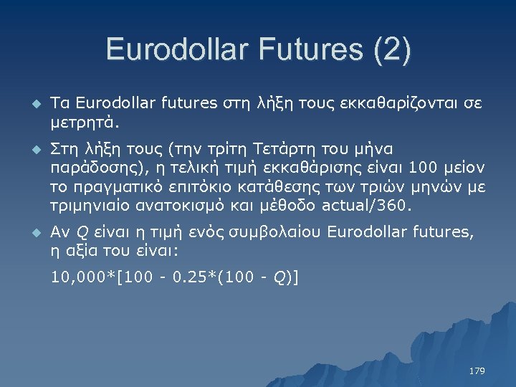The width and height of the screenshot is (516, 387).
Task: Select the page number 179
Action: coord(477,371)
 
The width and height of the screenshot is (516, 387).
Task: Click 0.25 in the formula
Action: coord(181,277)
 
